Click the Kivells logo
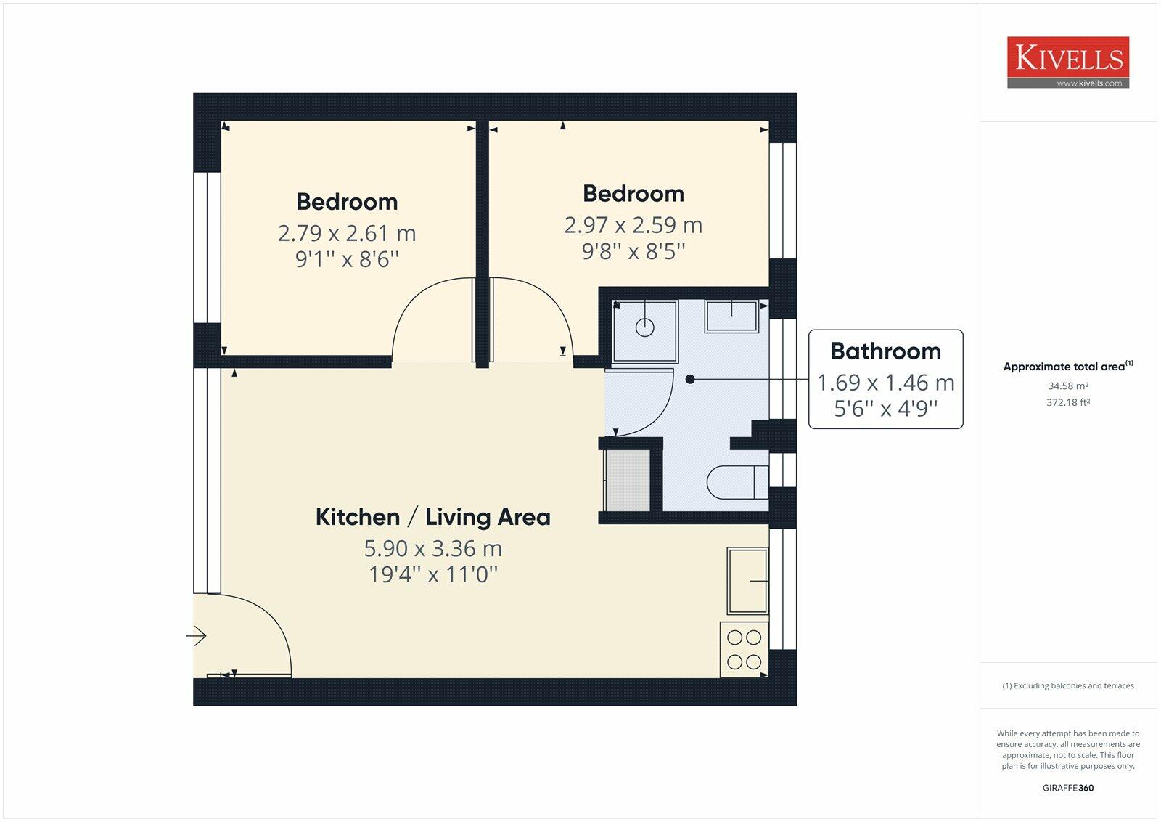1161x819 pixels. [x=1067, y=62]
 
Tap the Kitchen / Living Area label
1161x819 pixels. [x=432, y=517]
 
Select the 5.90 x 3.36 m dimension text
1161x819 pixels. [x=432, y=548]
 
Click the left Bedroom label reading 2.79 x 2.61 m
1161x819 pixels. [x=347, y=233]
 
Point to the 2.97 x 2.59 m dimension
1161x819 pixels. [x=633, y=225]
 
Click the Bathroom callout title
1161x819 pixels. [x=885, y=351]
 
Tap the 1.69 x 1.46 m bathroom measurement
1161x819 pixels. [x=885, y=383]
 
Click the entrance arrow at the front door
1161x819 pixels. [x=197, y=637]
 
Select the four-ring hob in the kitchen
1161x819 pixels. [x=744, y=650]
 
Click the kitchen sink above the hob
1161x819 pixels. [x=747, y=581]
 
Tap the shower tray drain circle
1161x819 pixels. [x=644, y=328]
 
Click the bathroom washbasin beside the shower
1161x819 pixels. [x=732, y=316]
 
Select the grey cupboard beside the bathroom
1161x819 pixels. [x=628, y=481]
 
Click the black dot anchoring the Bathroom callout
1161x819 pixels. [x=690, y=379]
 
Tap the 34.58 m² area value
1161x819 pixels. [x=1067, y=386]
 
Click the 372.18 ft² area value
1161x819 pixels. [x=1067, y=402]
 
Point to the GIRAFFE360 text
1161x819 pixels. [x=1067, y=788]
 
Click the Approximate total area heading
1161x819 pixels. [x=1064, y=367]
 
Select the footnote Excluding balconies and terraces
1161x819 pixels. [x=1067, y=685]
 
